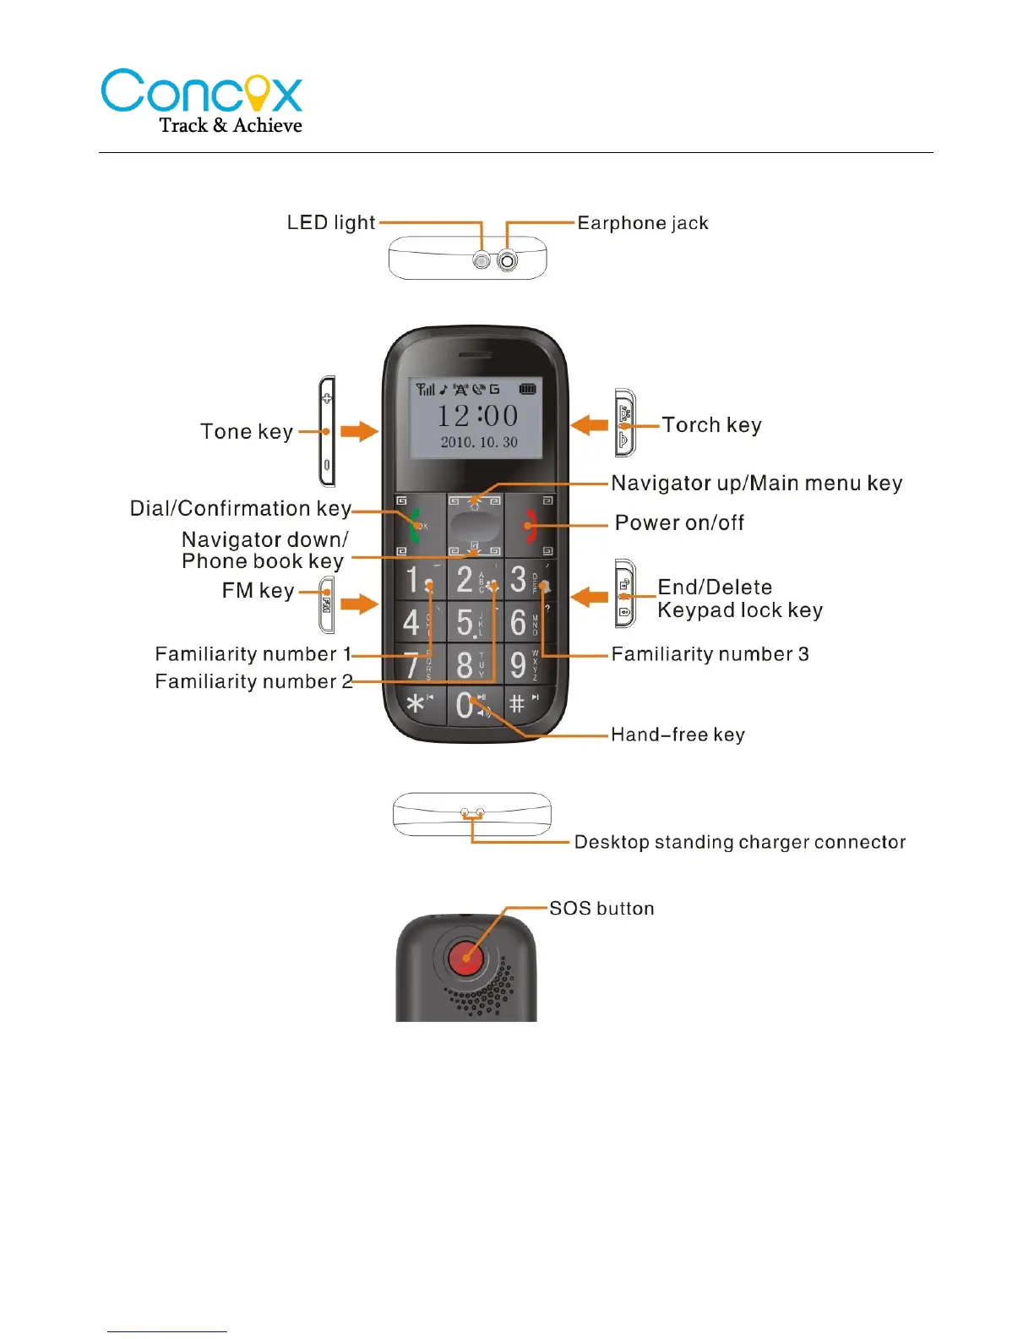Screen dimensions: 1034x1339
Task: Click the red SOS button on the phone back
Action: (x=465, y=958)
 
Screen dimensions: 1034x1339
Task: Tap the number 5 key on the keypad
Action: (x=465, y=622)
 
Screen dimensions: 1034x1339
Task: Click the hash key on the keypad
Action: (x=517, y=703)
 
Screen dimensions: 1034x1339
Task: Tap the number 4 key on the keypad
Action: (x=411, y=622)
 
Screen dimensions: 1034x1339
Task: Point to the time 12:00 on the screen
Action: (x=477, y=415)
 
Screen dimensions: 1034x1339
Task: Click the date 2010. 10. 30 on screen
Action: (x=479, y=442)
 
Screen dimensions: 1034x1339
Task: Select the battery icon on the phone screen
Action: (x=527, y=389)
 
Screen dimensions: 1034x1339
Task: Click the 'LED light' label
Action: (x=330, y=222)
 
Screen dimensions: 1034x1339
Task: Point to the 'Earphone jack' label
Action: (x=643, y=223)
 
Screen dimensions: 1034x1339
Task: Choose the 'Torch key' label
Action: (x=711, y=424)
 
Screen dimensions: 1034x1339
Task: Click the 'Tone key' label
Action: (x=247, y=431)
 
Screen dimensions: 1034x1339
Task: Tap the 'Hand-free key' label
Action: (x=678, y=735)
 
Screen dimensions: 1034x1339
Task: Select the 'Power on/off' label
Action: (x=679, y=522)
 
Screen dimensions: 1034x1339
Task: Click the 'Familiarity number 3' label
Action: (x=710, y=653)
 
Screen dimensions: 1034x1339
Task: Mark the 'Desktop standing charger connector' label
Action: (x=739, y=842)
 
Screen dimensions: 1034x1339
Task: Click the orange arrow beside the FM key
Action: (x=359, y=604)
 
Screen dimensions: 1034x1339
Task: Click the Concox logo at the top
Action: (x=202, y=101)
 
